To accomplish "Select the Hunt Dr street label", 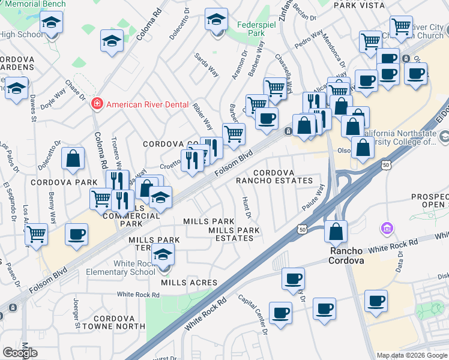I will [246, 207].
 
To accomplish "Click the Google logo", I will [20, 353].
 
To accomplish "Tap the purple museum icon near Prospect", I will [386, 229].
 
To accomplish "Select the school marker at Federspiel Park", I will [216, 20].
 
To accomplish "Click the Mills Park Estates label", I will [231, 234].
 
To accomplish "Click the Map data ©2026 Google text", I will [412, 355].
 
